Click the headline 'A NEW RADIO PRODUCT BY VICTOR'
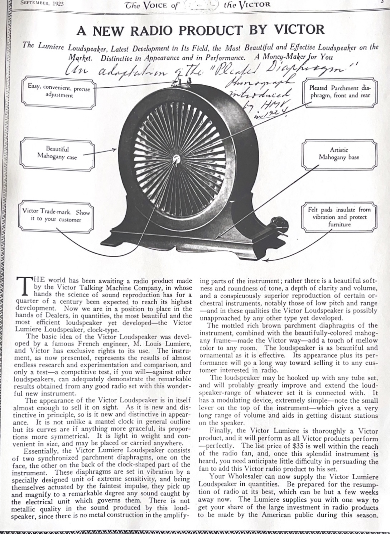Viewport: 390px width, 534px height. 200,30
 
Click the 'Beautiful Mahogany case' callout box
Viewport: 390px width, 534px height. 57,153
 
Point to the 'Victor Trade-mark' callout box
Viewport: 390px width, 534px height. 56,216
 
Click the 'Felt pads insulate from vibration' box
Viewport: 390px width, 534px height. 339,217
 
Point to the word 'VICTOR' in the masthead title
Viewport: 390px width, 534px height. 252,5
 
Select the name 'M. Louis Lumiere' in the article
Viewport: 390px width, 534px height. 155,343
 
